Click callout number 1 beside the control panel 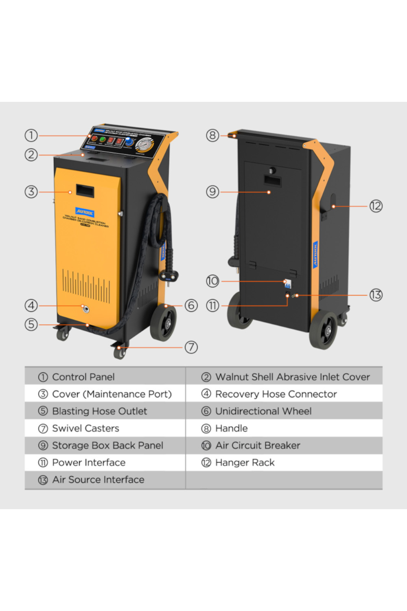coord(31,135)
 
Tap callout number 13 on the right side coord(376,295)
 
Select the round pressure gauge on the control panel coord(143,145)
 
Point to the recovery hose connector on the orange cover coord(85,309)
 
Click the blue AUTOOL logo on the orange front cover coord(85,212)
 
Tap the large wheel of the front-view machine coord(163,323)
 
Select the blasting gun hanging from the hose coord(168,269)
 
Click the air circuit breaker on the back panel coord(287,284)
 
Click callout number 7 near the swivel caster coord(191,347)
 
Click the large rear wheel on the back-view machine coord(324,330)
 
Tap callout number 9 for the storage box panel coord(212,192)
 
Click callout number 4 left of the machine coord(31,305)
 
